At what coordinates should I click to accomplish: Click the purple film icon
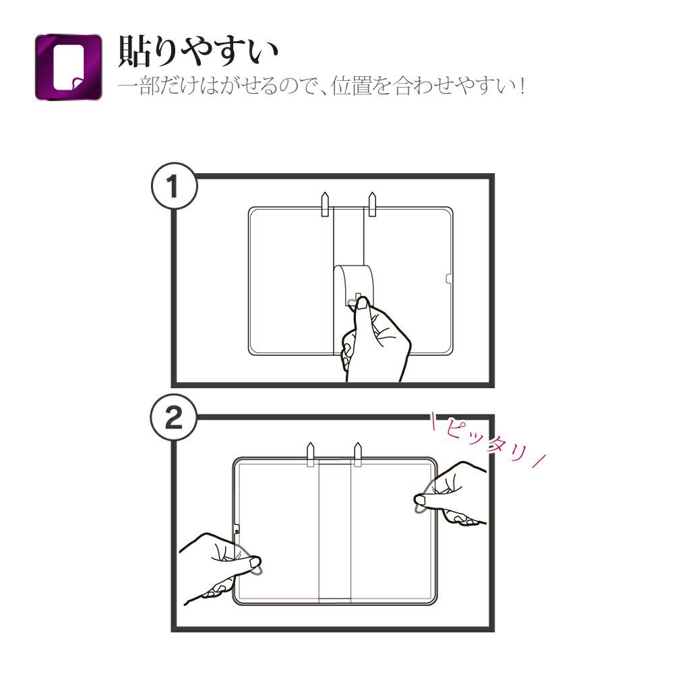pos(68,67)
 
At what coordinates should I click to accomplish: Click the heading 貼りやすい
pos(198,51)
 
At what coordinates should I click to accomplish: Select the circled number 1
pos(174,186)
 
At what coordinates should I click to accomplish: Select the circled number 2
pos(173,418)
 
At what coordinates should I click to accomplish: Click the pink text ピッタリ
pos(488,441)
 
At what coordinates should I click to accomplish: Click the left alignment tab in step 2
pos(311,454)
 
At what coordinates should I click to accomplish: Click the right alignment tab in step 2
pos(358,454)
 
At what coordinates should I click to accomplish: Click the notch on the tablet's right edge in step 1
pos(449,278)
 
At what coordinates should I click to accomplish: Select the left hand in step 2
pos(219,568)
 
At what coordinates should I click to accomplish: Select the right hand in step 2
pos(452,493)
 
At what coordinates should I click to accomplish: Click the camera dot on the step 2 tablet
pos(237,531)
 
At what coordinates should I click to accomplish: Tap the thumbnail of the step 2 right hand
pos(419,499)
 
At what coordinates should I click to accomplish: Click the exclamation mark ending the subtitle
pos(522,86)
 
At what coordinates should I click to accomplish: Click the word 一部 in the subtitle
pos(139,86)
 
